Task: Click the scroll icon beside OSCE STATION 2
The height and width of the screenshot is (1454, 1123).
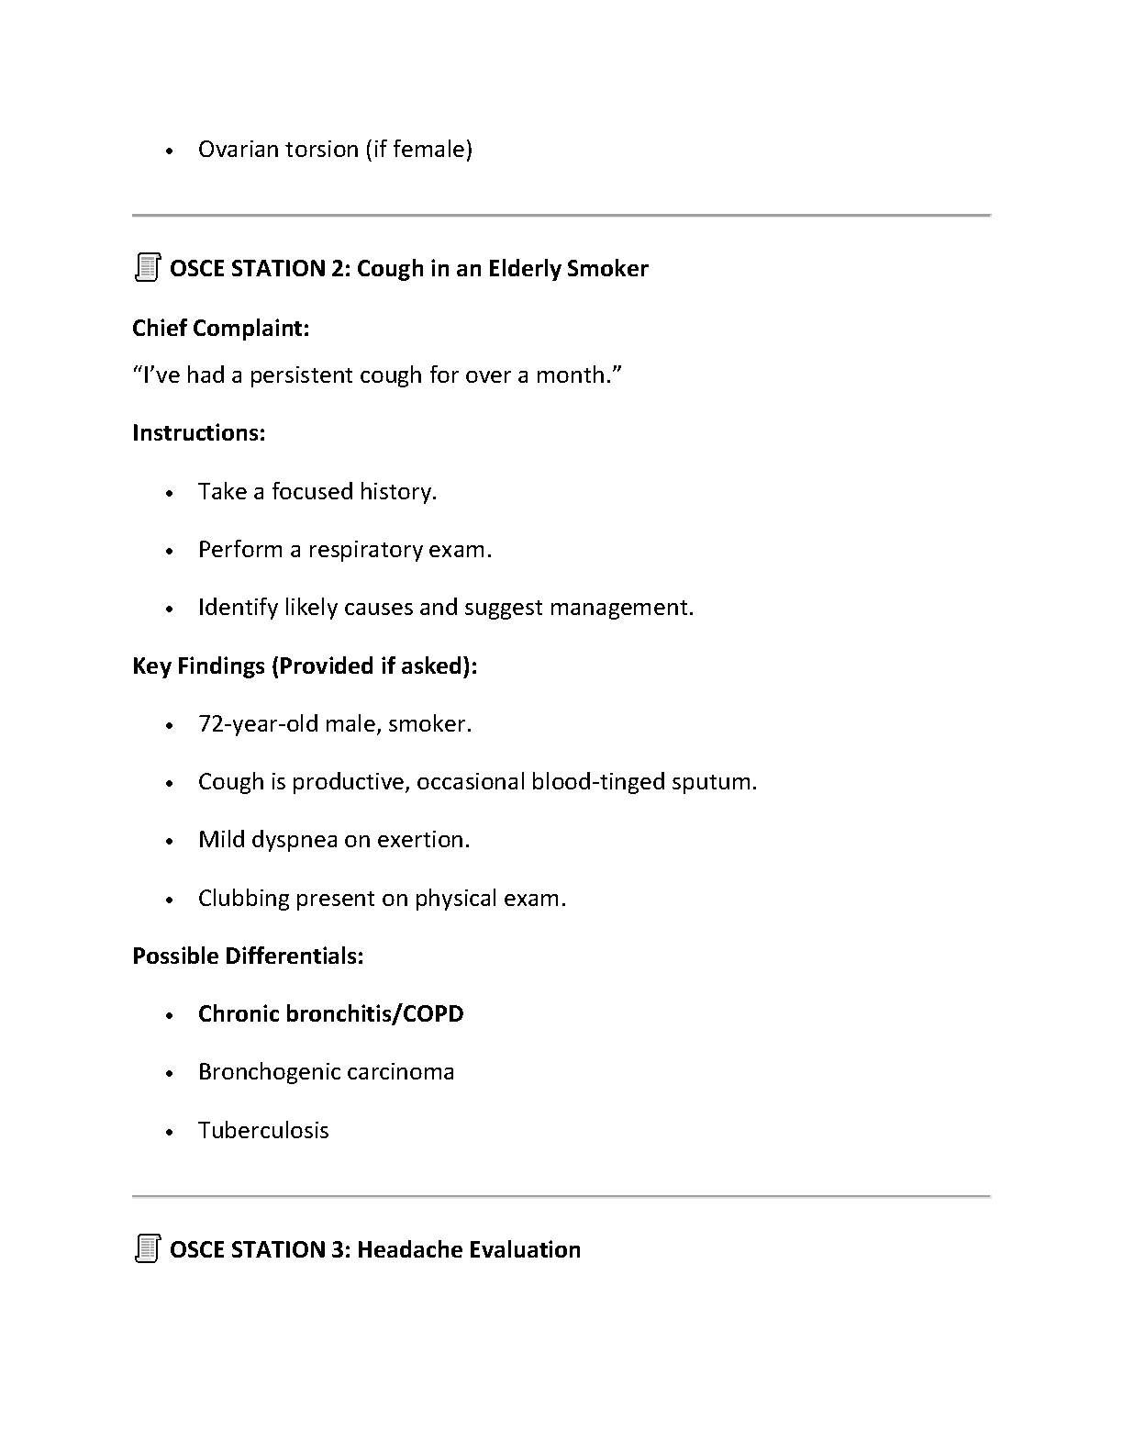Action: coord(147,268)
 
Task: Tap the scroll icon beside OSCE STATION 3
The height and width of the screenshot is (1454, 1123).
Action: coord(147,1249)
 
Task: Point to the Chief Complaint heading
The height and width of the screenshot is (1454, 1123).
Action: coord(220,328)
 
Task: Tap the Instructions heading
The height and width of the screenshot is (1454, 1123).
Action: coord(198,432)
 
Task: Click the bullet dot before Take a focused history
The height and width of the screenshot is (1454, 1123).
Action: coord(170,493)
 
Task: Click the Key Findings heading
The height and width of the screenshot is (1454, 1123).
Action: coord(304,665)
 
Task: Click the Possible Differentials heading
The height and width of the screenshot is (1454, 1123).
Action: coord(248,956)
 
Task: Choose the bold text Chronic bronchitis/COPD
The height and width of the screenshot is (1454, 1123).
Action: coord(330,1014)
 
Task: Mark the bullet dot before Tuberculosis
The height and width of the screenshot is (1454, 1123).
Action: coord(170,1132)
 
